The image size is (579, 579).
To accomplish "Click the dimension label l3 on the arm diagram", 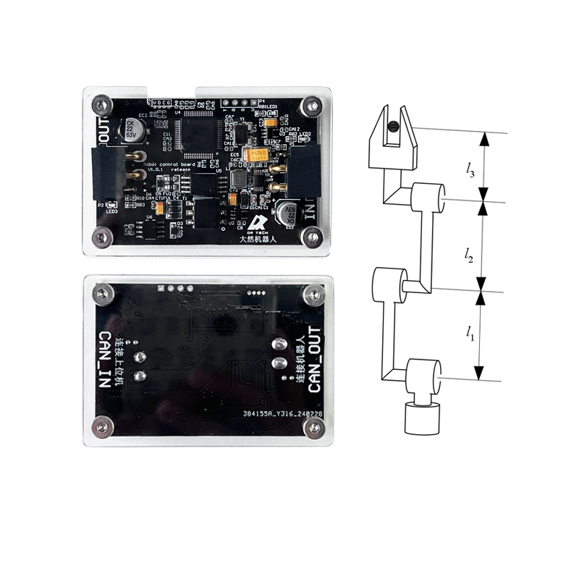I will click(x=470, y=170).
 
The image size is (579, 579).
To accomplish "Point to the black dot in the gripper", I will click(x=392, y=127).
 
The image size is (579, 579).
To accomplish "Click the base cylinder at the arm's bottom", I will click(x=420, y=419).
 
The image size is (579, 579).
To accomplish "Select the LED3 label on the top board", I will click(x=111, y=211).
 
